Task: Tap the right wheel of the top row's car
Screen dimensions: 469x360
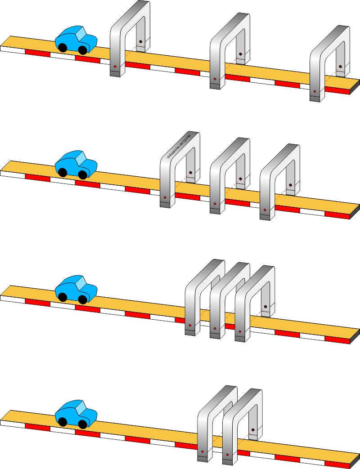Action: tap(83, 49)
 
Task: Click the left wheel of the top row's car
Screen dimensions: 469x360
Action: tap(63, 47)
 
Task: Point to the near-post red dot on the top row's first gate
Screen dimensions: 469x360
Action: tap(115, 67)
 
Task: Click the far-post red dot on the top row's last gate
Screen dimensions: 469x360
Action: tap(340, 67)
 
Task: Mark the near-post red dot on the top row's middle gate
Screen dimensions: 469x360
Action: tap(215, 79)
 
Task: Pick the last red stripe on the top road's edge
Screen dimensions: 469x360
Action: tap(337, 90)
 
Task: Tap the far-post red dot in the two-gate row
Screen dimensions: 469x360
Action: tap(253, 430)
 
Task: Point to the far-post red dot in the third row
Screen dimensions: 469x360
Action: tap(265, 307)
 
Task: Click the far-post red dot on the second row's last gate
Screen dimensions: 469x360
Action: tap(291, 185)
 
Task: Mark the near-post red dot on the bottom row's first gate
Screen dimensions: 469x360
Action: tap(202, 451)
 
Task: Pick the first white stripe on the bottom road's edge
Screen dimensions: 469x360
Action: tap(13, 423)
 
